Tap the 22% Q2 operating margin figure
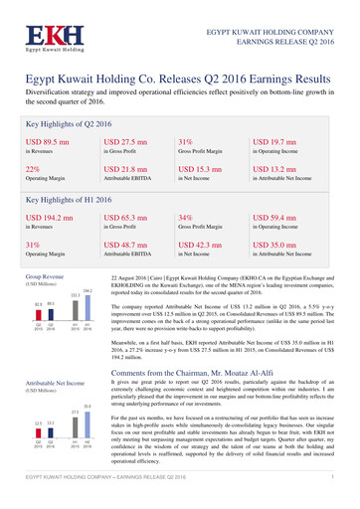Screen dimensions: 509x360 [32, 171]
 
